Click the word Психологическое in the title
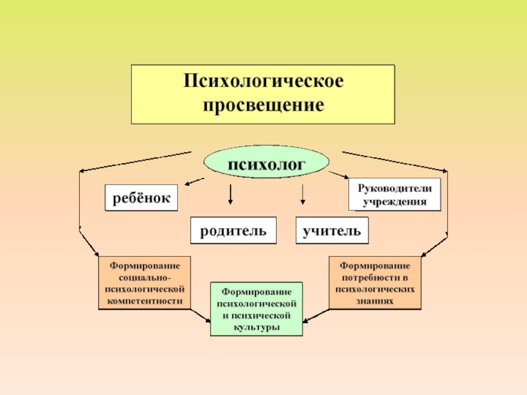(x=263, y=84)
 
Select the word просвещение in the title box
(x=263, y=105)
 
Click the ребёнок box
(x=141, y=197)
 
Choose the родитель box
(x=233, y=231)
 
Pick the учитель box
(x=332, y=231)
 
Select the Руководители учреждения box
(x=395, y=195)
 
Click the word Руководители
(x=395, y=188)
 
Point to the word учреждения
(x=395, y=201)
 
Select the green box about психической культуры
(x=257, y=309)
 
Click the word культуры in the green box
(x=257, y=327)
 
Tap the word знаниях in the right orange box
(x=375, y=300)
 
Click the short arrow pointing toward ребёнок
(x=193, y=181)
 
